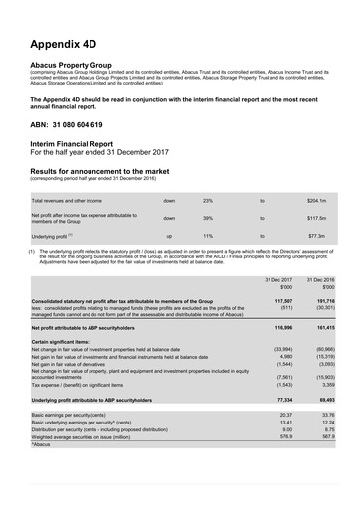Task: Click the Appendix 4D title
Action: (67, 44)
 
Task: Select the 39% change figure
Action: (208, 218)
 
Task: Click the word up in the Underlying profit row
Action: (168, 237)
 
